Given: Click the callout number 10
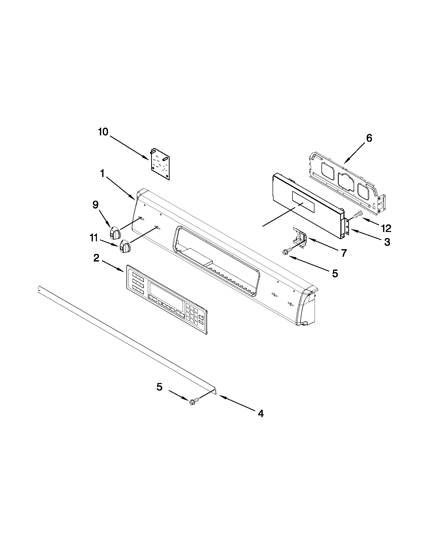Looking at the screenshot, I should [x=103, y=132].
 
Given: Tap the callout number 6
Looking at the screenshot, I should [x=369, y=138].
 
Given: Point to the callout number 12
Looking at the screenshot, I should [x=386, y=228].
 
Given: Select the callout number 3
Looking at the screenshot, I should [x=387, y=242].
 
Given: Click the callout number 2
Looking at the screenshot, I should [x=96, y=258].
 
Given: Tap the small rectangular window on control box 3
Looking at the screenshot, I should [x=303, y=202].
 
